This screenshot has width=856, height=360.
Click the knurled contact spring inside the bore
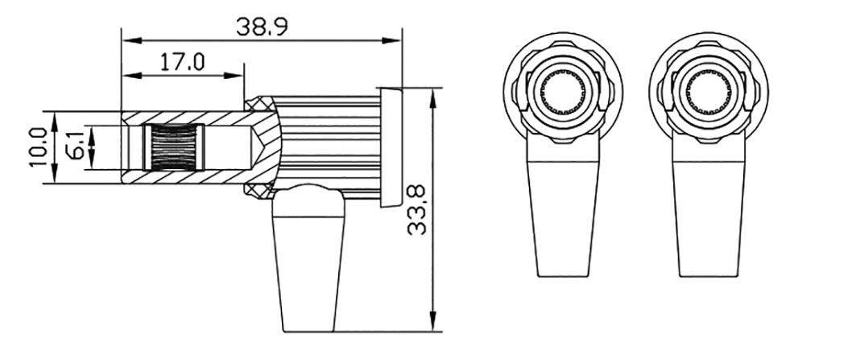pyautogui.click(x=173, y=147)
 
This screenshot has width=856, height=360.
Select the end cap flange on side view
pyautogui.click(x=391, y=147)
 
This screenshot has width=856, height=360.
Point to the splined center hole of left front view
pyautogui.click(x=561, y=94)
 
